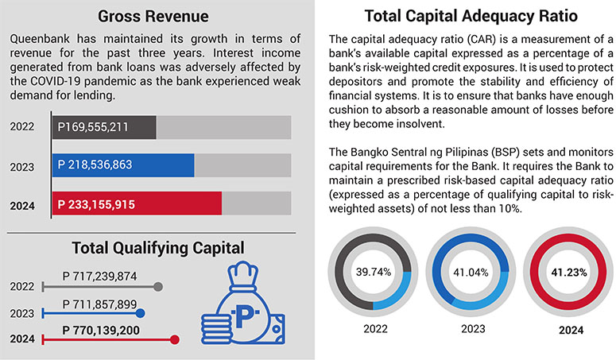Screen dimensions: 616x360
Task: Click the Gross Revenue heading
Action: coord(153,17)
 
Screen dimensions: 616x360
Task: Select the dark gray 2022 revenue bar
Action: coord(104,127)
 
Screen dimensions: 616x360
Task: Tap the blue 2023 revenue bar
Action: coord(123,165)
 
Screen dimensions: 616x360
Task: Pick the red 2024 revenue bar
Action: coord(137,203)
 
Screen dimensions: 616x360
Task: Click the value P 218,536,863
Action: coord(95,165)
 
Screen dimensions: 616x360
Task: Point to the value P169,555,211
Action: coord(93,127)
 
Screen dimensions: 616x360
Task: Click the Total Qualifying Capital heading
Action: coord(158,248)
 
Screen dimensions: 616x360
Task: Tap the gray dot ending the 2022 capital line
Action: coord(158,287)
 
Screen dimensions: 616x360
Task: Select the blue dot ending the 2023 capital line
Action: coord(140,313)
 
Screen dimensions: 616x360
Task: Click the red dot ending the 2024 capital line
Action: coord(175,339)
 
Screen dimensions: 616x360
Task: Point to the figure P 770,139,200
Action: coord(101,331)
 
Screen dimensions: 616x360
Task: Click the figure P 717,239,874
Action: coord(100,277)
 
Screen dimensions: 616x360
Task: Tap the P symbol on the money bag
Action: coord(245,315)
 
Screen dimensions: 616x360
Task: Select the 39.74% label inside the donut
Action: coord(374,272)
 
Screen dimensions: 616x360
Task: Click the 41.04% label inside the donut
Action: coord(471,273)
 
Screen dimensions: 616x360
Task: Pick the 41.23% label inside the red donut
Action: coord(569,273)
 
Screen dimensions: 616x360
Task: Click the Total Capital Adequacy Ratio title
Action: coord(471,17)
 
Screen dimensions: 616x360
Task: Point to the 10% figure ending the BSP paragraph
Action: coord(511,208)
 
